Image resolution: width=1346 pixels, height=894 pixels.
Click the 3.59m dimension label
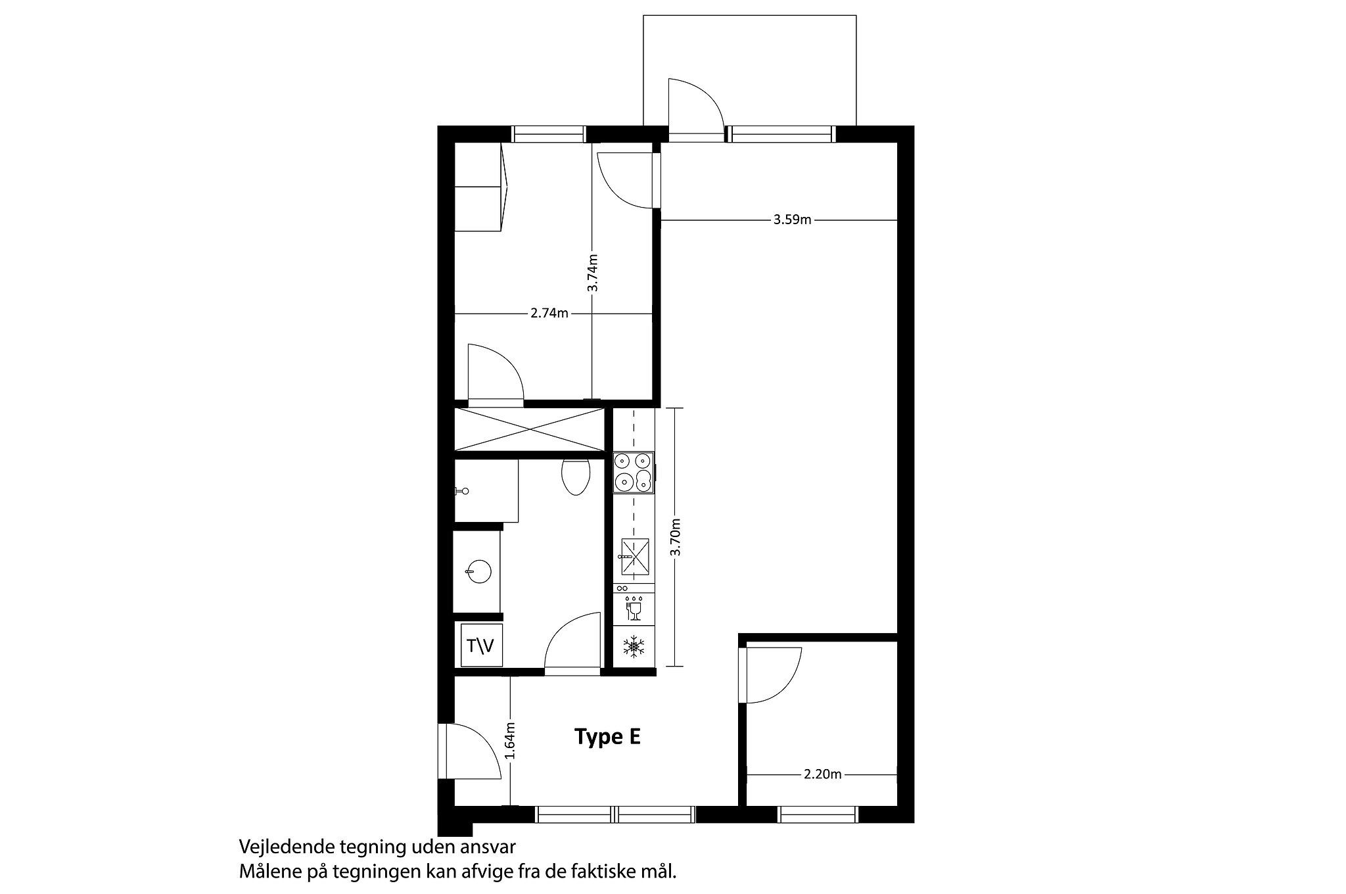(x=792, y=220)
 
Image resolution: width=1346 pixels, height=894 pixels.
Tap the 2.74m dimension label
(x=549, y=313)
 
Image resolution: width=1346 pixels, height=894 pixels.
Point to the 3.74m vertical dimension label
(x=592, y=273)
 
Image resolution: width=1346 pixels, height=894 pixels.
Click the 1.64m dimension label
(x=511, y=741)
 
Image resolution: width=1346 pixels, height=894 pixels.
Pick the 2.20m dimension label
(x=822, y=774)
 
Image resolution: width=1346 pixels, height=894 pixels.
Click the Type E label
(x=607, y=737)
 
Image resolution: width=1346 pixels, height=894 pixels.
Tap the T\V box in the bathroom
(x=482, y=646)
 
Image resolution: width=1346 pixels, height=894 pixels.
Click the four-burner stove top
(x=634, y=473)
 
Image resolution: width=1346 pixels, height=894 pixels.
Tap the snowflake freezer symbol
(x=634, y=646)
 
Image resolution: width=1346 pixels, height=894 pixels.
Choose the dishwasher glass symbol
(x=634, y=609)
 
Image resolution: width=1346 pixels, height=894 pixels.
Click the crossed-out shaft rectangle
(x=530, y=430)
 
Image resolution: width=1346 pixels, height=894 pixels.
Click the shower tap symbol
(x=463, y=491)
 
